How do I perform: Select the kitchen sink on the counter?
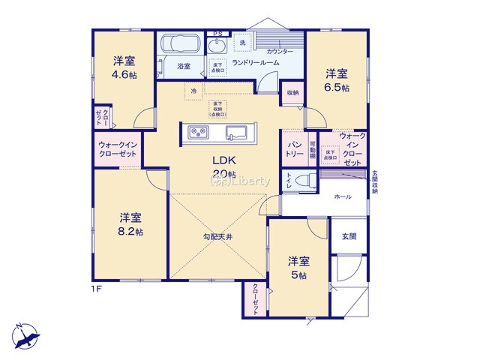[x=238, y=133]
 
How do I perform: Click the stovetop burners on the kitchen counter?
[x=199, y=133]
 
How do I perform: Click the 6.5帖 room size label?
[x=336, y=87]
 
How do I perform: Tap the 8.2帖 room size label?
[x=131, y=231]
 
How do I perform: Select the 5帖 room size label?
[x=298, y=275]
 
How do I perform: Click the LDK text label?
[x=223, y=160]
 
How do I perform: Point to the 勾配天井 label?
[x=218, y=237]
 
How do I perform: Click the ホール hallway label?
[x=342, y=196]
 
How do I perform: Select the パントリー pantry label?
[x=294, y=148]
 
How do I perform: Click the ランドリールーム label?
[x=256, y=63]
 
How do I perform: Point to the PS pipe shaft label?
[x=218, y=33]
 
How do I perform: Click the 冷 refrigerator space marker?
[x=193, y=90]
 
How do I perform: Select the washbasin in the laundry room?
[x=219, y=45]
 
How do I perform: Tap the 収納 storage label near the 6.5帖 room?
[x=292, y=93]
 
